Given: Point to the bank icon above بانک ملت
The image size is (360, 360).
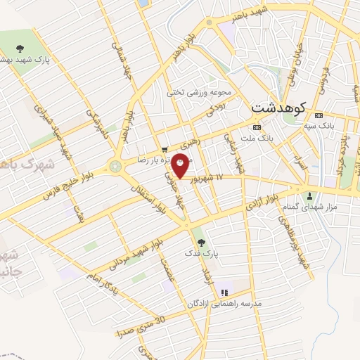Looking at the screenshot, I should pos(257,127).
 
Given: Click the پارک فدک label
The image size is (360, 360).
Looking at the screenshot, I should pos(201,251).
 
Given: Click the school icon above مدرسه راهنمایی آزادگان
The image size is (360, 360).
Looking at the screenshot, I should pos(224,292).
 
